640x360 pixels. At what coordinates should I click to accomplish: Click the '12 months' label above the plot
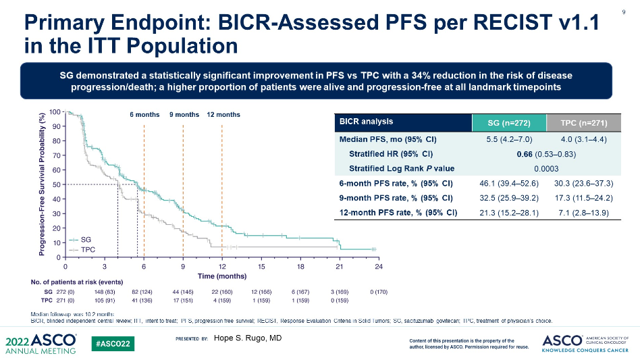223,115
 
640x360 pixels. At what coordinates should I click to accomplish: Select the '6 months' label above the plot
144,115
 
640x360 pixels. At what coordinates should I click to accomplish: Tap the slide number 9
623,11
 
